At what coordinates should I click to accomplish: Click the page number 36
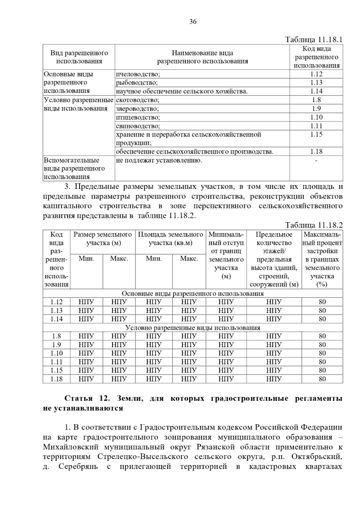pos(193,22)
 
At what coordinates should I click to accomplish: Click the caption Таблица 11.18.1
pos(314,40)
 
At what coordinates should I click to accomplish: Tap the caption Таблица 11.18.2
pos(314,225)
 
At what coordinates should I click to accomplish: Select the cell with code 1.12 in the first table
pos(316,74)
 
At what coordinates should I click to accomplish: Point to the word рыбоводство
pos(137,83)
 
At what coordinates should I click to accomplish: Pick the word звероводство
pos(137,109)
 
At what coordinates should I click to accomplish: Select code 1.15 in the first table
pos(316,135)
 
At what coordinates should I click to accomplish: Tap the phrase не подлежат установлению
pos(159,160)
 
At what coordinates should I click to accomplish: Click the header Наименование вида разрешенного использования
pos(202,57)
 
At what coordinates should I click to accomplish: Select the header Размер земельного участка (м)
pos(103,239)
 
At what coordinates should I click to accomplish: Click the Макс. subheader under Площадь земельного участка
pos(189,258)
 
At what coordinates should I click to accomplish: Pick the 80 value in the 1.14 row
pos(322,319)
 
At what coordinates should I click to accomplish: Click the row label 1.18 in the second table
pos(56,379)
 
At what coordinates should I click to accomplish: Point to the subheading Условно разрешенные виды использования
pos(193,328)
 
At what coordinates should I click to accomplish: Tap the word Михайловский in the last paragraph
pos(71,447)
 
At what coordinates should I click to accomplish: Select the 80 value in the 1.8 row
pos(322,336)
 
